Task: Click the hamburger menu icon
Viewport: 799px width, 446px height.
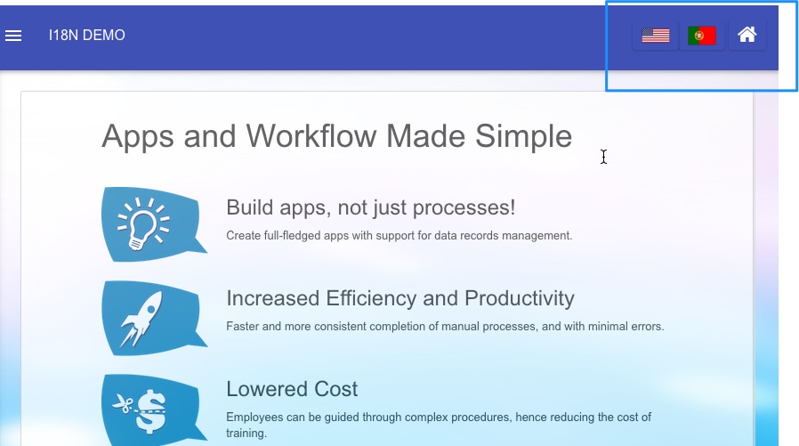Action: click(x=13, y=36)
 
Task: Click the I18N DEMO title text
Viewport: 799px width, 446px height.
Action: click(x=86, y=36)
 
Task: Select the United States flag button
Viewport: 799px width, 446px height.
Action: click(x=655, y=36)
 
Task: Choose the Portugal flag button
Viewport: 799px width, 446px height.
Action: click(x=702, y=36)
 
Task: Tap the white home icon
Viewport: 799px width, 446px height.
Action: click(x=747, y=35)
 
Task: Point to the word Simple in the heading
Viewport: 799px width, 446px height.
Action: click(x=523, y=137)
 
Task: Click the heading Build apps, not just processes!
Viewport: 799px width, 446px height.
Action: click(x=370, y=208)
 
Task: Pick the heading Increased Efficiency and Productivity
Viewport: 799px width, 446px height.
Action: click(x=400, y=298)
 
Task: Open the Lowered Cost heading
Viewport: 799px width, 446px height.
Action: click(x=292, y=389)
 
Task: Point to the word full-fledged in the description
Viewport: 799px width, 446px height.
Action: click(x=293, y=236)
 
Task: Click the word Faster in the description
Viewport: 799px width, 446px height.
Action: click(x=243, y=326)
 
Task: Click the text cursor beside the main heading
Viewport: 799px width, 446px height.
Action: click(x=604, y=157)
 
